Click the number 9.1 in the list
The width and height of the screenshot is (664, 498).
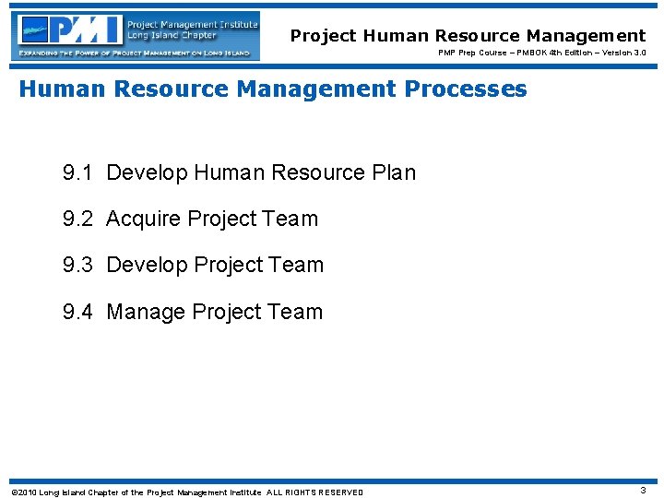pos(77,172)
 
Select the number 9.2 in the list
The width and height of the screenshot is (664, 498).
pos(77,219)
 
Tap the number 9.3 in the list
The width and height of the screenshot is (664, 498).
pos(77,265)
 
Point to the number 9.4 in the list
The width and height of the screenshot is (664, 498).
pos(77,312)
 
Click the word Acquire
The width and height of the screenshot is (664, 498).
pos(144,219)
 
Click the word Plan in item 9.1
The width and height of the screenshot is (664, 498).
pos(394,172)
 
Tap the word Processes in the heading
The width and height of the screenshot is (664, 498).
pos(470,89)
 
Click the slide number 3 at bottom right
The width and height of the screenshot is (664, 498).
pos(643,491)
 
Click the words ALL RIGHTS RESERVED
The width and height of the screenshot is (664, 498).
pos(314,492)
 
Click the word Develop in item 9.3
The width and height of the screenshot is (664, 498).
pos(148,265)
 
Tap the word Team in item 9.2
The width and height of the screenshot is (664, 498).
pos(290,219)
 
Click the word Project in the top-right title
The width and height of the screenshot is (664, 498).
pos(323,36)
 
